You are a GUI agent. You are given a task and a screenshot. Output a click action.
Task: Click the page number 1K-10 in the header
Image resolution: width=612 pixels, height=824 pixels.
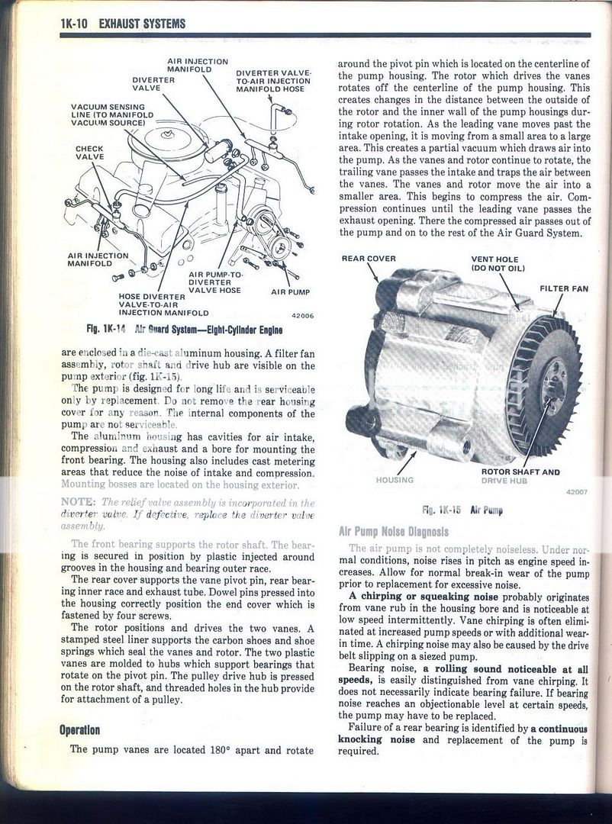[x=75, y=24]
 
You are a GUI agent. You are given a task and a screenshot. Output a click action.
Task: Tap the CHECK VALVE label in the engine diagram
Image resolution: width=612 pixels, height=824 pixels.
[x=89, y=153]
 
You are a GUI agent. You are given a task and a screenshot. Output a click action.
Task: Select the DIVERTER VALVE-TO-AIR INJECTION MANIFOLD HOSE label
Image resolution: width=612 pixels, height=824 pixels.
[x=272, y=81]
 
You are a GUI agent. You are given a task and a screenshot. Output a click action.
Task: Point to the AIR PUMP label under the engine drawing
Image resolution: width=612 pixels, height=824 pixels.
[x=290, y=291]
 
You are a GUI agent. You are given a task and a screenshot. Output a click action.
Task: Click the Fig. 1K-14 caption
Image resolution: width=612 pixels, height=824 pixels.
[x=185, y=330]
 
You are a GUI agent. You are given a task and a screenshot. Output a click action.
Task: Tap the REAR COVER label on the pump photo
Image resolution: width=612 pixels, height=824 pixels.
[x=369, y=259]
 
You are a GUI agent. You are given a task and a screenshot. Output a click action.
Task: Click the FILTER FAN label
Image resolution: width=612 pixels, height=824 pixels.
[x=564, y=288]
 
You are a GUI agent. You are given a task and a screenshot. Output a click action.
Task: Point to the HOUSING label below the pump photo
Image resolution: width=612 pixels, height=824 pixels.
[x=395, y=480]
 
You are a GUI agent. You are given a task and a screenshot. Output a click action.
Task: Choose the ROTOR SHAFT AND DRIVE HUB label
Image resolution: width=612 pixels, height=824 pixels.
[x=520, y=476]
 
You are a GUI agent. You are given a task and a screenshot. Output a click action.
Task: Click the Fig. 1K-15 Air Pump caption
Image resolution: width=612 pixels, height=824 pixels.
[x=462, y=509]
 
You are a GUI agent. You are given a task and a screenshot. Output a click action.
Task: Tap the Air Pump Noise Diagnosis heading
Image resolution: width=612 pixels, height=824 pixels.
[x=398, y=530]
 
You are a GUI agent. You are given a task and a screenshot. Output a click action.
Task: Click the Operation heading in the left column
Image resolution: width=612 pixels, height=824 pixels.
[x=79, y=730]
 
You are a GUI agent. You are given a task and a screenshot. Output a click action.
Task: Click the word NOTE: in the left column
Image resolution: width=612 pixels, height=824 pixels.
[x=78, y=502]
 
